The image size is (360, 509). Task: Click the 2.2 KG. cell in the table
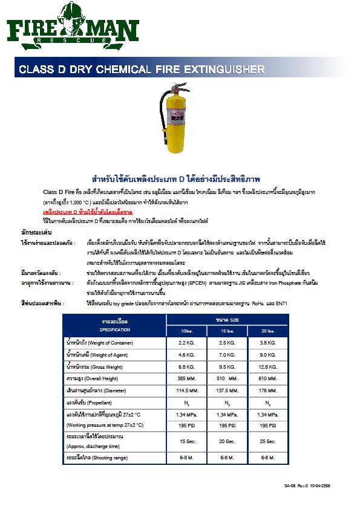coord(186,343)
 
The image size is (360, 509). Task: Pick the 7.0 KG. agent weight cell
coord(226,354)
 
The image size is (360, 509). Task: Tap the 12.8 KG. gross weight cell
coord(267,366)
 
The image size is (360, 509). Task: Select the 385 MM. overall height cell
coord(186,378)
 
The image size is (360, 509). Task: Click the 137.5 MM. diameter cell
coord(226,390)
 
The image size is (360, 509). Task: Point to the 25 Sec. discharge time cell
coord(267,441)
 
